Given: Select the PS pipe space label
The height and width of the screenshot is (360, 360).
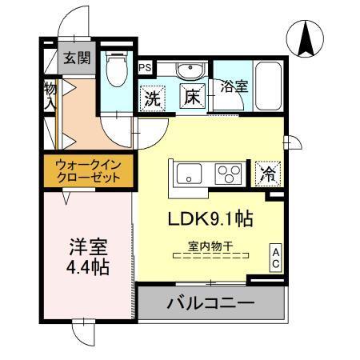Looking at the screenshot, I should click(x=145, y=68).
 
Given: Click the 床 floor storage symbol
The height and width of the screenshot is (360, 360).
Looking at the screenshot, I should click(x=193, y=96).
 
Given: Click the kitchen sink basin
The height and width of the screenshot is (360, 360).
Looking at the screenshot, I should click(x=189, y=171).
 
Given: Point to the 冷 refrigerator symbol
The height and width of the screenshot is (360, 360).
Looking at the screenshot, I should click(x=267, y=172).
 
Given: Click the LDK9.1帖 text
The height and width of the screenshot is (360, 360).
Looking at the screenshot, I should click(x=212, y=218).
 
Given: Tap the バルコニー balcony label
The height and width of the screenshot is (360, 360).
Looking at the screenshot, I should click(x=210, y=304).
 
